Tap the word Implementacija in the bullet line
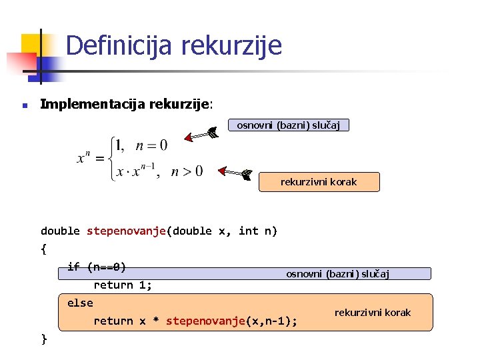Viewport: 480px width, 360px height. click(93, 104)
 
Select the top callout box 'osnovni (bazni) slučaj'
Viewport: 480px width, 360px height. click(288, 125)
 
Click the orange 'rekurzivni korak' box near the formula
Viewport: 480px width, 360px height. click(319, 182)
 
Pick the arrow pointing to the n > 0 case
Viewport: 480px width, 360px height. click(236, 174)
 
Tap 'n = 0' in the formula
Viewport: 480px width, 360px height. click(151, 145)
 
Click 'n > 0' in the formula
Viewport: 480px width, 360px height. click(187, 172)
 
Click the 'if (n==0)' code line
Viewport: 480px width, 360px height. click(97, 267)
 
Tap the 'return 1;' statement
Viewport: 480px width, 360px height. click(123, 285)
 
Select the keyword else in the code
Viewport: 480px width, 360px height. click(80, 303)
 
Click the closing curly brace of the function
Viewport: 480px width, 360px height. click(44, 339)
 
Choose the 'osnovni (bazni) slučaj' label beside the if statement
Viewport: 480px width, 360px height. click(337, 274)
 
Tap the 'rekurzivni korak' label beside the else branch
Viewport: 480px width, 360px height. click(372, 313)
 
